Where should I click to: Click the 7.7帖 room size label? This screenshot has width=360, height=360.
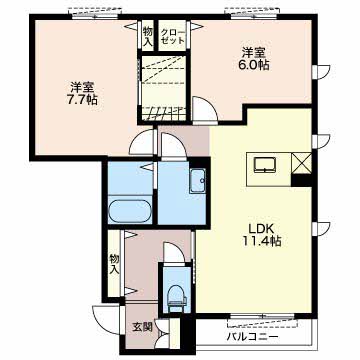(x=83, y=100)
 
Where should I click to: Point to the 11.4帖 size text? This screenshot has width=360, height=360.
(x=262, y=241)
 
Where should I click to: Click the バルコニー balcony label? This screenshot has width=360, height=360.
(x=252, y=337)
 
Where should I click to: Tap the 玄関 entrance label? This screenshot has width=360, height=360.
(x=143, y=327)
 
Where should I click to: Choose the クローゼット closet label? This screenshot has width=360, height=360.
(x=172, y=36)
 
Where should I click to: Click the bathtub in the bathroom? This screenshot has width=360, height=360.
(x=130, y=211)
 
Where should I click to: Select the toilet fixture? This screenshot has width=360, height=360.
(x=177, y=297)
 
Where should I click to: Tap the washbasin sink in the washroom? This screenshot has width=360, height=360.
(x=199, y=181)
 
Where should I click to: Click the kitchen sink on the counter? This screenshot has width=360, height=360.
(x=265, y=165)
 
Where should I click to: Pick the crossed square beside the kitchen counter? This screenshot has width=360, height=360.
(x=301, y=163)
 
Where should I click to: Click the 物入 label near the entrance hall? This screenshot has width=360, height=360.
(x=114, y=264)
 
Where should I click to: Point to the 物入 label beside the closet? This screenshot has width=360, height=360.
(x=148, y=36)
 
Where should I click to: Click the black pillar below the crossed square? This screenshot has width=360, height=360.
(x=301, y=180)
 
